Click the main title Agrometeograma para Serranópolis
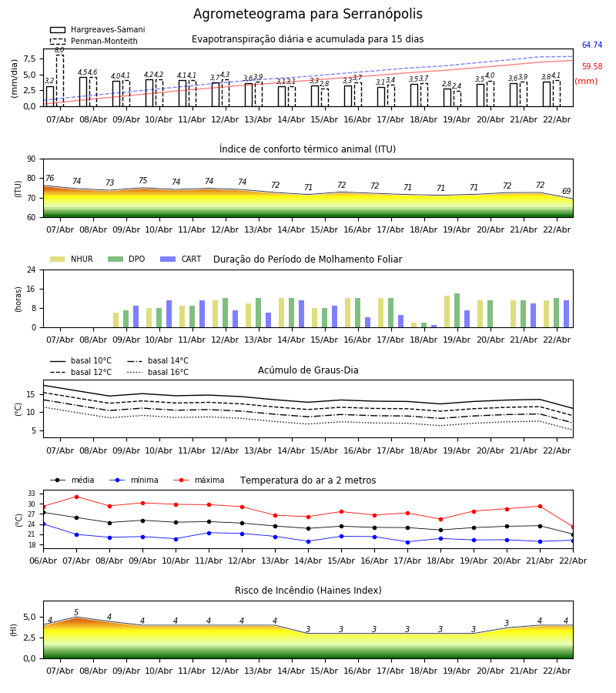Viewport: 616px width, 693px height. point(307,15)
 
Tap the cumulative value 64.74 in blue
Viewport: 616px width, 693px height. point(591,45)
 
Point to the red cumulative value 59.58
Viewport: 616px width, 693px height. point(591,67)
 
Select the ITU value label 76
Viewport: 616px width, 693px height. point(49,179)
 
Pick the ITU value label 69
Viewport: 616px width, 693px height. point(566,192)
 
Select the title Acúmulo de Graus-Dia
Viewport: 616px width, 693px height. point(308,370)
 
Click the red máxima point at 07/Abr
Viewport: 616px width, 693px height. point(76,497)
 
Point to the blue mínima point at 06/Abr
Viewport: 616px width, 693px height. point(43,524)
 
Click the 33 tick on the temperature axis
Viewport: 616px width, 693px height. point(32,494)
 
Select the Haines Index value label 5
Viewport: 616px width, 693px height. point(76,613)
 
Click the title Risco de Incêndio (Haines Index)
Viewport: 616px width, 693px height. point(308,591)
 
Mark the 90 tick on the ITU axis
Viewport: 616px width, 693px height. point(31,159)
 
